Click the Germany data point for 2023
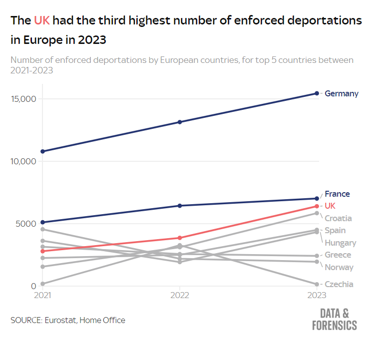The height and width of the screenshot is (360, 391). (x=317, y=93)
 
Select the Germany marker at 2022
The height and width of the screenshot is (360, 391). (x=180, y=122)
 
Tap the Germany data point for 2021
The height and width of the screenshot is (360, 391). (x=43, y=151)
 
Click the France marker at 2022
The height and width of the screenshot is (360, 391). (x=180, y=206)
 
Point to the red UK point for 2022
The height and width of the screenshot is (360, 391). (x=180, y=238)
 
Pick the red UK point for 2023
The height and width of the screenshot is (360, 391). (x=317, y=206)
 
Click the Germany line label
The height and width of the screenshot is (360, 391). (x=341, y=93)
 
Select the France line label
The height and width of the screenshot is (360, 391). (x=337, y=194)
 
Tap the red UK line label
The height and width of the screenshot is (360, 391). (x=330, y=206)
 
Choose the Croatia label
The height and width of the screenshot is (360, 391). (x=338, y=218)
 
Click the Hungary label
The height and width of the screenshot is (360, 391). (x=340, y=243)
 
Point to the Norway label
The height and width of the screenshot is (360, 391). (x=339, y=268)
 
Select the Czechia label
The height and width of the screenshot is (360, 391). (x=339, y=285)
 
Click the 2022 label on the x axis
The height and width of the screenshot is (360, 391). (x=180, y=296)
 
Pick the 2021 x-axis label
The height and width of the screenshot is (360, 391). (x=43, y=296)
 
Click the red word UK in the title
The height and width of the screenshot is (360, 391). (x=42, y=21)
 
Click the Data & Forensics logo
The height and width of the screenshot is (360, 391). (x=334, y=320)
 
